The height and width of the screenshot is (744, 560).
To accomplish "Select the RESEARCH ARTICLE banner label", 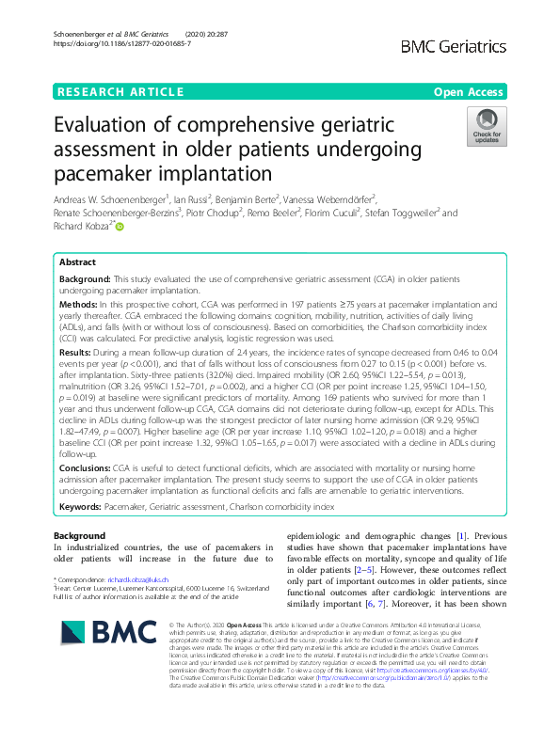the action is (120, 91).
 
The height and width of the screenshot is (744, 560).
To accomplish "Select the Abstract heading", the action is (77, 263).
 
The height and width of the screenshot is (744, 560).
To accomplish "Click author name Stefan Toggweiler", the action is (393, 214).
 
